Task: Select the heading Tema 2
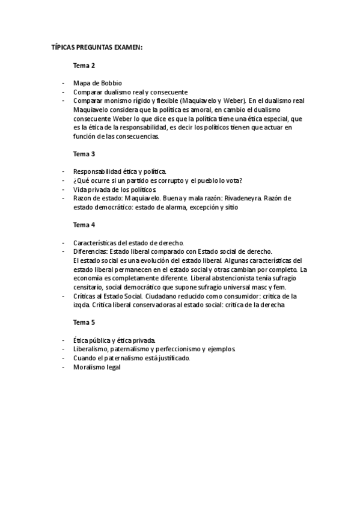pyautogui.click(x=84, y=65)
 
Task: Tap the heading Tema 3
pyautogui.click(x=84, y=153)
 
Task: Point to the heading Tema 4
pyautogui.click(x=84, y=224)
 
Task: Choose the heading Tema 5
pyautogui.click(x=84, y=322)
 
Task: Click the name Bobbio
pyautogui.click(x=112, y=83)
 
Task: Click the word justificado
pyautogui.click(x=169, y=358)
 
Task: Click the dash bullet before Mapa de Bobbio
pyautogui.click(x=63, y=83)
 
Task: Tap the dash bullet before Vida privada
pyautogui.click(x=63, y=189)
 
